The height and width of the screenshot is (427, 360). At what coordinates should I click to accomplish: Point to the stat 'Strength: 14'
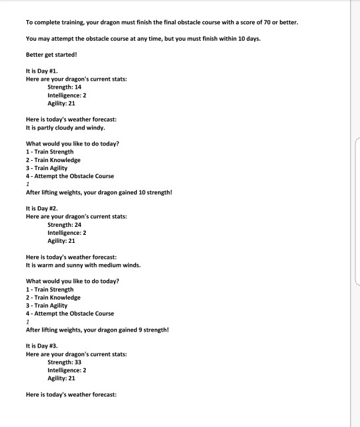(x=64, y=87)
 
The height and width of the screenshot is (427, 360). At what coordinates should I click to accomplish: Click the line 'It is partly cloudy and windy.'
(x=65, y=127)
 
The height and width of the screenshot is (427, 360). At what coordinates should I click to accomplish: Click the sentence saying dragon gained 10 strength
(x=99, y=192)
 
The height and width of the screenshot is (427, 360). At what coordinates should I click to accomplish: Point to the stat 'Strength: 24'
(x=64, y=225)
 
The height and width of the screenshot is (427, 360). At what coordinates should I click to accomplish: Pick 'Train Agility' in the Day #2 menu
(x=49, y=306)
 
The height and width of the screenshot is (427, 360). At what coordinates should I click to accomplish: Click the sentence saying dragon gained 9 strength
(x=97, y=330)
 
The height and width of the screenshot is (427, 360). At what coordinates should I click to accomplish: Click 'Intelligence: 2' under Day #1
(x=67, y=95)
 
